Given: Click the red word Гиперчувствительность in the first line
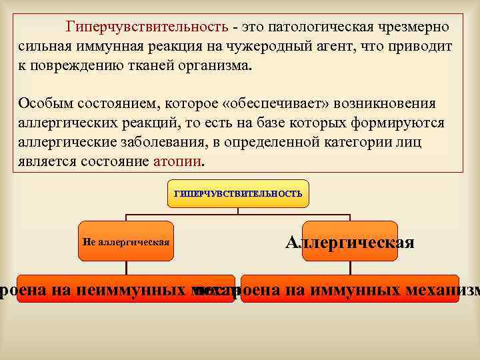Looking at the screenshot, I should point(147,27).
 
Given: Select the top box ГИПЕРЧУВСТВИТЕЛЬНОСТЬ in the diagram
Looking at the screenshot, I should point(238,194).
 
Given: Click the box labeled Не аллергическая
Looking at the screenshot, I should point(126,241).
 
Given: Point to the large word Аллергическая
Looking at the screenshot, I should point(350,242).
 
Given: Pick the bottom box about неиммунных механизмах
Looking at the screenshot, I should point(126,289).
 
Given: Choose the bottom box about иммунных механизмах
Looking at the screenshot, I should point(350,289).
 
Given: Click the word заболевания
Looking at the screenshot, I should point(177,142).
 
